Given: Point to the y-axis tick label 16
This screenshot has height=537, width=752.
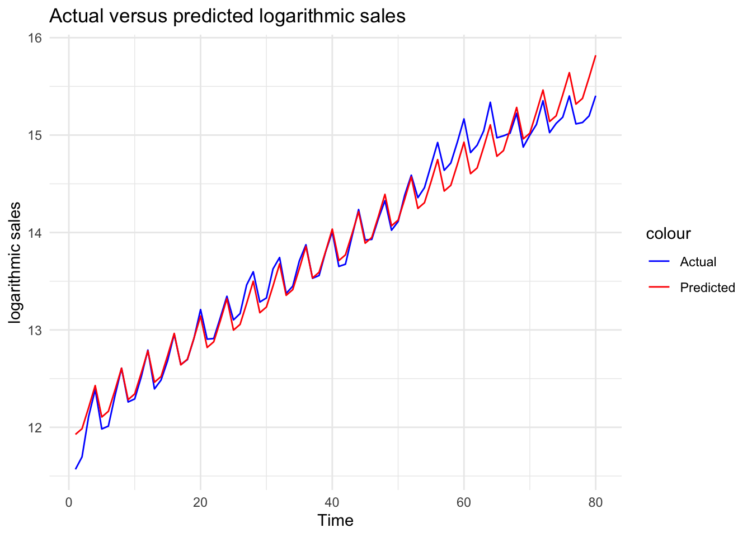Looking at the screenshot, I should [x=35, y=38].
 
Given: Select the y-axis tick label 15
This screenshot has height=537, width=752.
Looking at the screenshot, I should [x=35, y=135].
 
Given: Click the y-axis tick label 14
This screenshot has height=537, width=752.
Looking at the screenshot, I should [x=35, y=233].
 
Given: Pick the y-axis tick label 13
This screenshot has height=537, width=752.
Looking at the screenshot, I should [x=35, y=330].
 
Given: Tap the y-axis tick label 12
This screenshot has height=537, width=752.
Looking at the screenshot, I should [x=35, y=427].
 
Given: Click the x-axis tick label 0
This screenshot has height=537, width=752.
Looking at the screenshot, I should [x=69, y=502].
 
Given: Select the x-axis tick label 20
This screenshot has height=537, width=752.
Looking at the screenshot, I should [x=200, y=502].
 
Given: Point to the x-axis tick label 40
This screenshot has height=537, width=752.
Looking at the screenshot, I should [x=332, y=502].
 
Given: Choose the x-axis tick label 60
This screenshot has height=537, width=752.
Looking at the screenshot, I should [x=464, y=502].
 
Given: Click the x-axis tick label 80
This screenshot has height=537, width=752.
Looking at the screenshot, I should [x=596, y=502].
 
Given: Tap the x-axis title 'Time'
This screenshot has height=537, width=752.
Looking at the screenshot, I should [x=335, y=521].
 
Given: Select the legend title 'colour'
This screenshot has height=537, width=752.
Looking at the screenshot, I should [x=668, y=234].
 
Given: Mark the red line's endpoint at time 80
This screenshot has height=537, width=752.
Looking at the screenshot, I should [x=596, y=56].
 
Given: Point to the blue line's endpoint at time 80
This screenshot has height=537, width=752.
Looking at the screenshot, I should [x=596, y=96].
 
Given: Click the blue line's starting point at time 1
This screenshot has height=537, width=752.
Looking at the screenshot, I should [x=76, y=469].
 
